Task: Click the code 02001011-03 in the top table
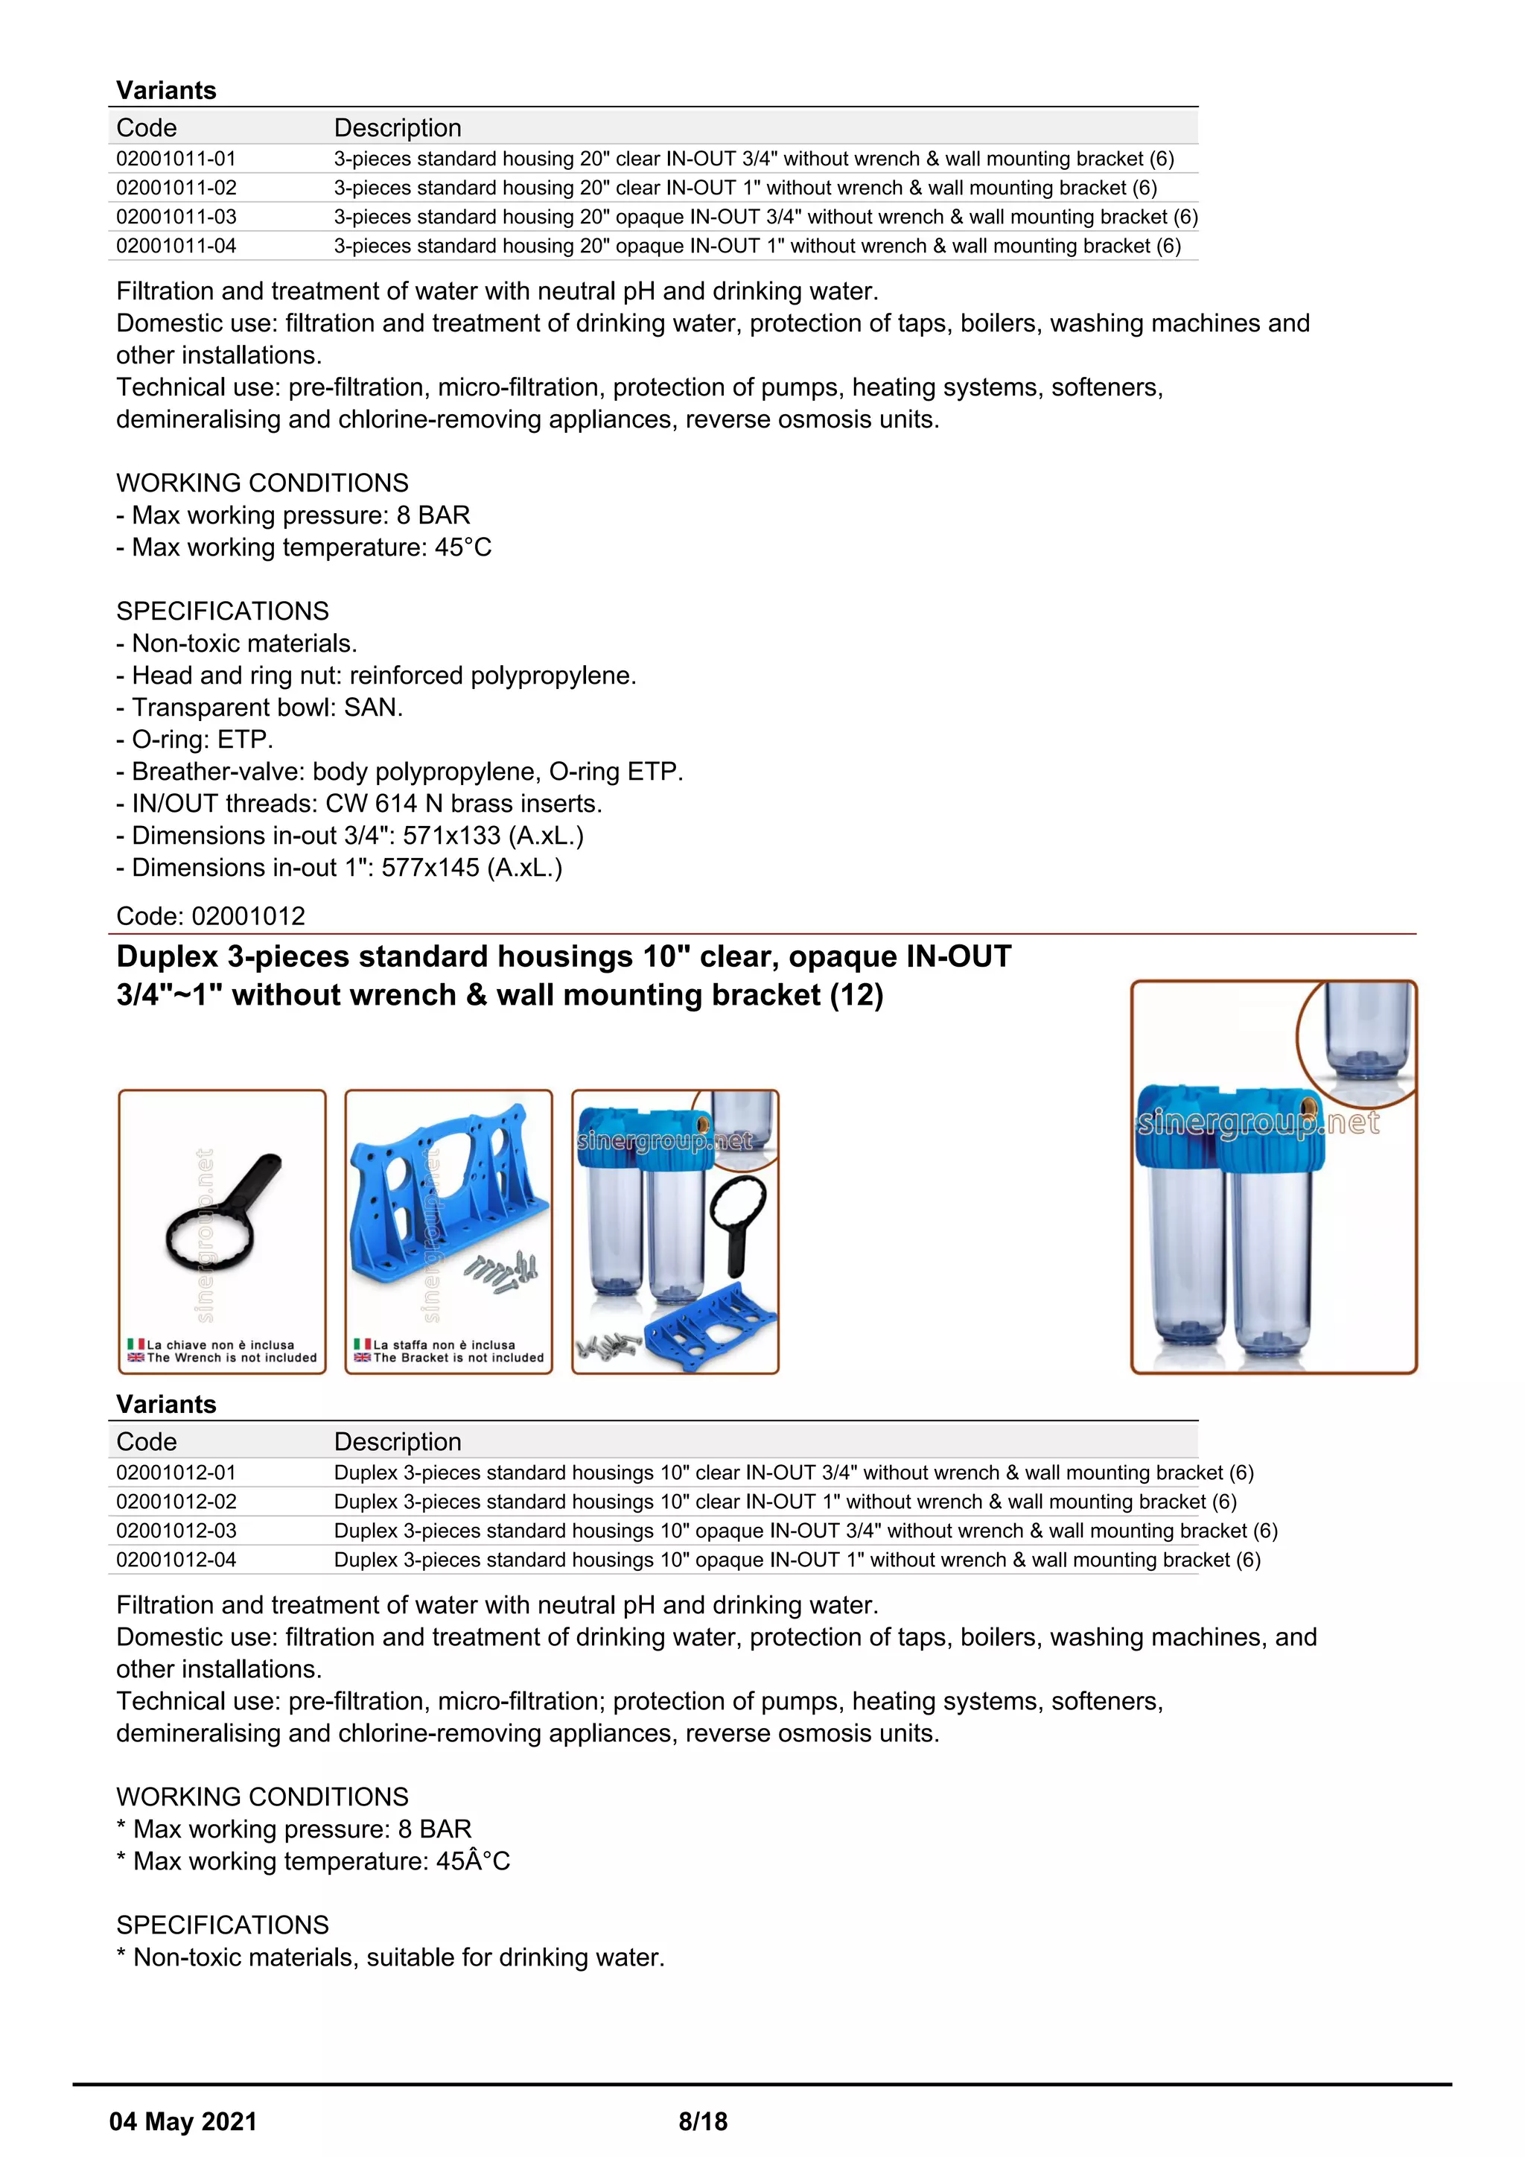tap(176, 217)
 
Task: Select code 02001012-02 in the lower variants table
tap(176, 1502)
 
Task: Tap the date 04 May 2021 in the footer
tap(182, 2121)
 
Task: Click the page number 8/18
tap(702, 2121)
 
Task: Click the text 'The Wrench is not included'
tap(231, 1358)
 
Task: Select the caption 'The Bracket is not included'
tap(458, 1358)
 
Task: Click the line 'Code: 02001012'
tap(210, 916)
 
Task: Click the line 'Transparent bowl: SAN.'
tap(259, 708)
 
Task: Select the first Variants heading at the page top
tap(166, 90)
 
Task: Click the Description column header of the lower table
tap(397, 1441)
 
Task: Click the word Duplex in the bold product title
tap(166, 956)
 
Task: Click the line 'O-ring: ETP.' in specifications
tap(194, 740)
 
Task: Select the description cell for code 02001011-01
tap(753, 159)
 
